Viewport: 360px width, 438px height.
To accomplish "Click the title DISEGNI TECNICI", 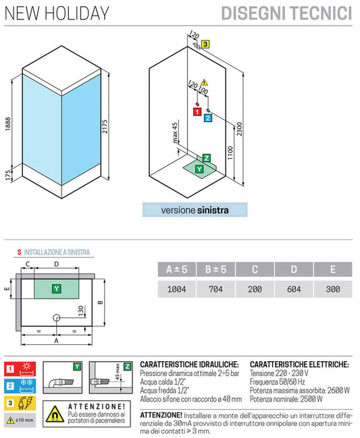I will coord(297,13).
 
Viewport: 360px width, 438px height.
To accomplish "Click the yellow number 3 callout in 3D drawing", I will coord(205,44).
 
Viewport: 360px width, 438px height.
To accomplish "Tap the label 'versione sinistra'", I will coord(195,210).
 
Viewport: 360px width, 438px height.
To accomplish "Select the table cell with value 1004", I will coord(177,289).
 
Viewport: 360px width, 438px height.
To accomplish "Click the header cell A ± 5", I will coord(177,270).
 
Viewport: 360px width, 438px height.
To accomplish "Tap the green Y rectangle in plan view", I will coord(57,288).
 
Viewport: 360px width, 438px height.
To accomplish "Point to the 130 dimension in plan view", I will coord(81,310).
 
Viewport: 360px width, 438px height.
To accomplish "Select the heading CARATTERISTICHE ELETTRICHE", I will coord(299,364).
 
